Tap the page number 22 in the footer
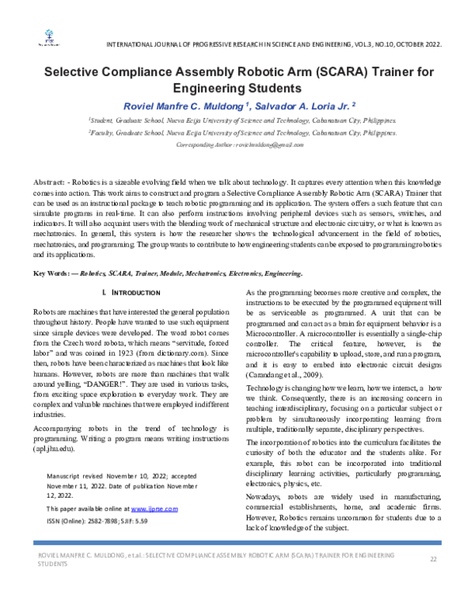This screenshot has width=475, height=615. (x=433, y=560)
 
